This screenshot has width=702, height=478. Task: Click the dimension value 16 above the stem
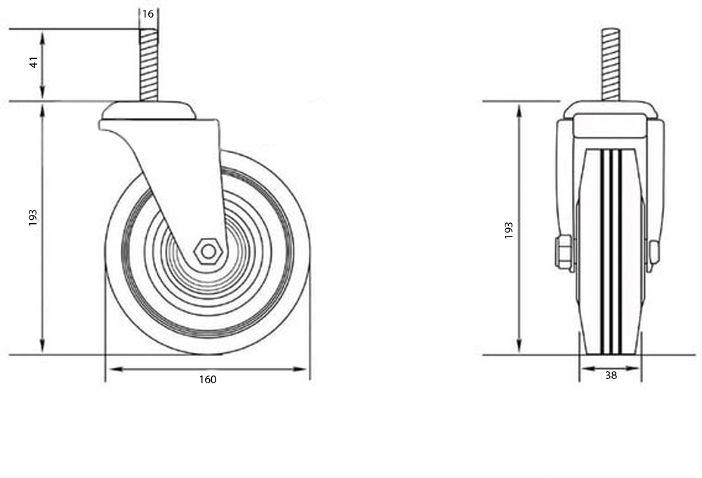pos(147,14)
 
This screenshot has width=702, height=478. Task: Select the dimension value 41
pos(34,62)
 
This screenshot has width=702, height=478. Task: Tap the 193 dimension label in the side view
pos(33,218)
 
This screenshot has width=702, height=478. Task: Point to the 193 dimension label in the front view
pos(508,230)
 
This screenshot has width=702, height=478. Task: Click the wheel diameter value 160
pos(208,380)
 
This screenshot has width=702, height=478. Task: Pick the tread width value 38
pos(611,376)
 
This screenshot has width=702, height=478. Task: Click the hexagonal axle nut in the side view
pos(208,252)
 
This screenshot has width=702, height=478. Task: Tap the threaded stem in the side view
pos(149,65)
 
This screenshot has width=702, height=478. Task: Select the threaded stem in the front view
pos(610,65)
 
